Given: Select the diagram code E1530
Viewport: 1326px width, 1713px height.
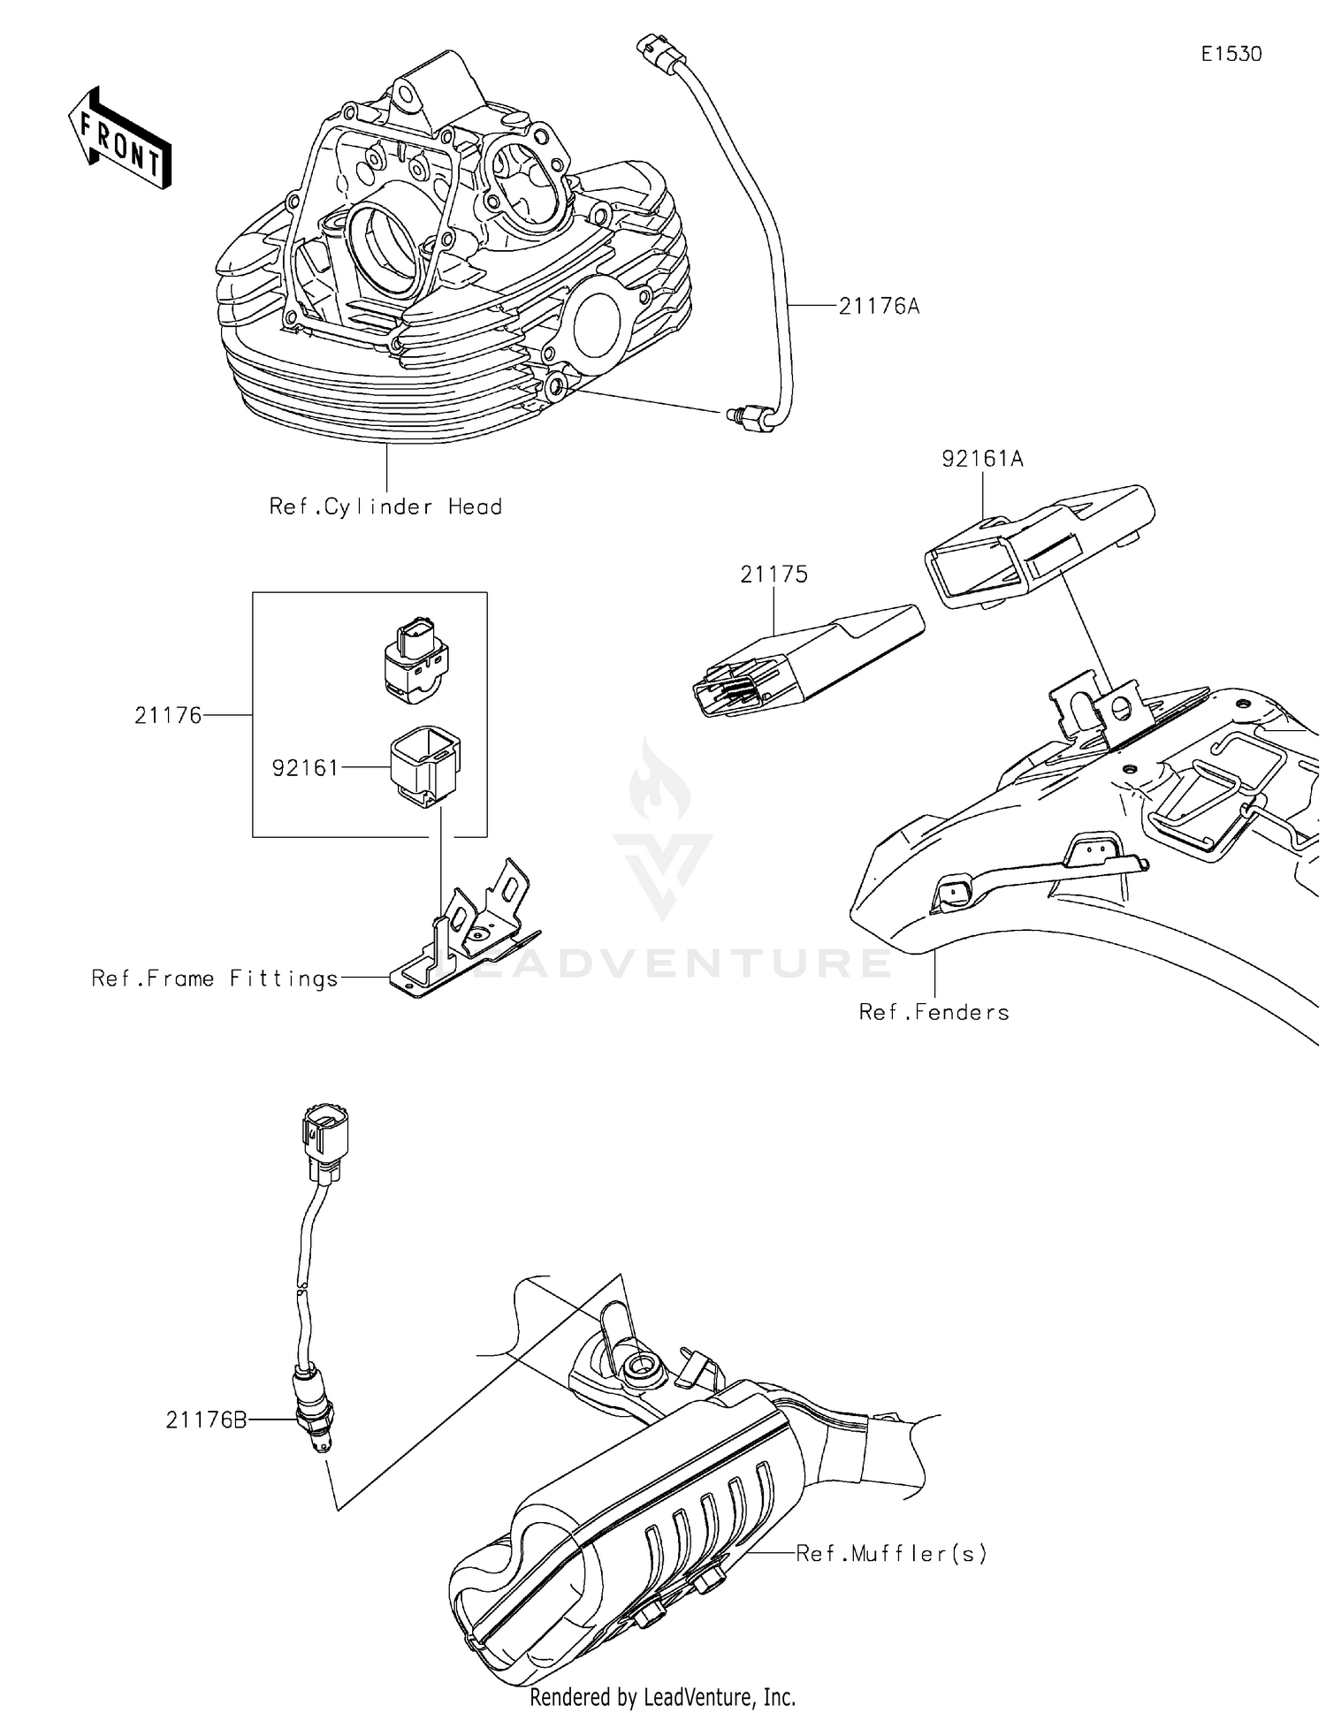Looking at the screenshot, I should click(x=1231, y=54).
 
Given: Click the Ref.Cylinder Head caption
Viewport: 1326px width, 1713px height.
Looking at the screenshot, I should click(x=385, y=506).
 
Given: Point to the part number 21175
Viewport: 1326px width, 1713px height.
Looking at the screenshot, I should click(x=773, y=575).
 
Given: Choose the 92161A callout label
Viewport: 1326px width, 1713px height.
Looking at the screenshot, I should click(x=982, y=459).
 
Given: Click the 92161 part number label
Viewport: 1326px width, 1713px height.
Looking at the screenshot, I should click(x=305, y=768).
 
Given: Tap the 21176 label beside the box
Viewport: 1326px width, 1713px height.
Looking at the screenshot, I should click(x=168, y=715).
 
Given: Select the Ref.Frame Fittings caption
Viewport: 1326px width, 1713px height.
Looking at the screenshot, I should click(x=215, y=978).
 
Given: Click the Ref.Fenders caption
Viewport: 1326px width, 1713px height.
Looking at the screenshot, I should click(x=934, y=1012).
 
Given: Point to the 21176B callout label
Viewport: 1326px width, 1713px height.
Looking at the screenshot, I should click(x=206, y=1420).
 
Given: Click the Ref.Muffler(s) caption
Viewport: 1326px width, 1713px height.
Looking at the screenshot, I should click(x=891, y=1553).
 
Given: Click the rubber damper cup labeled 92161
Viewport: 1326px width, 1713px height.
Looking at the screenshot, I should click(x=424, y=765).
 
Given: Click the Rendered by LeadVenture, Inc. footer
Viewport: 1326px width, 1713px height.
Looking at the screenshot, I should click(x=662, y=1696).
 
